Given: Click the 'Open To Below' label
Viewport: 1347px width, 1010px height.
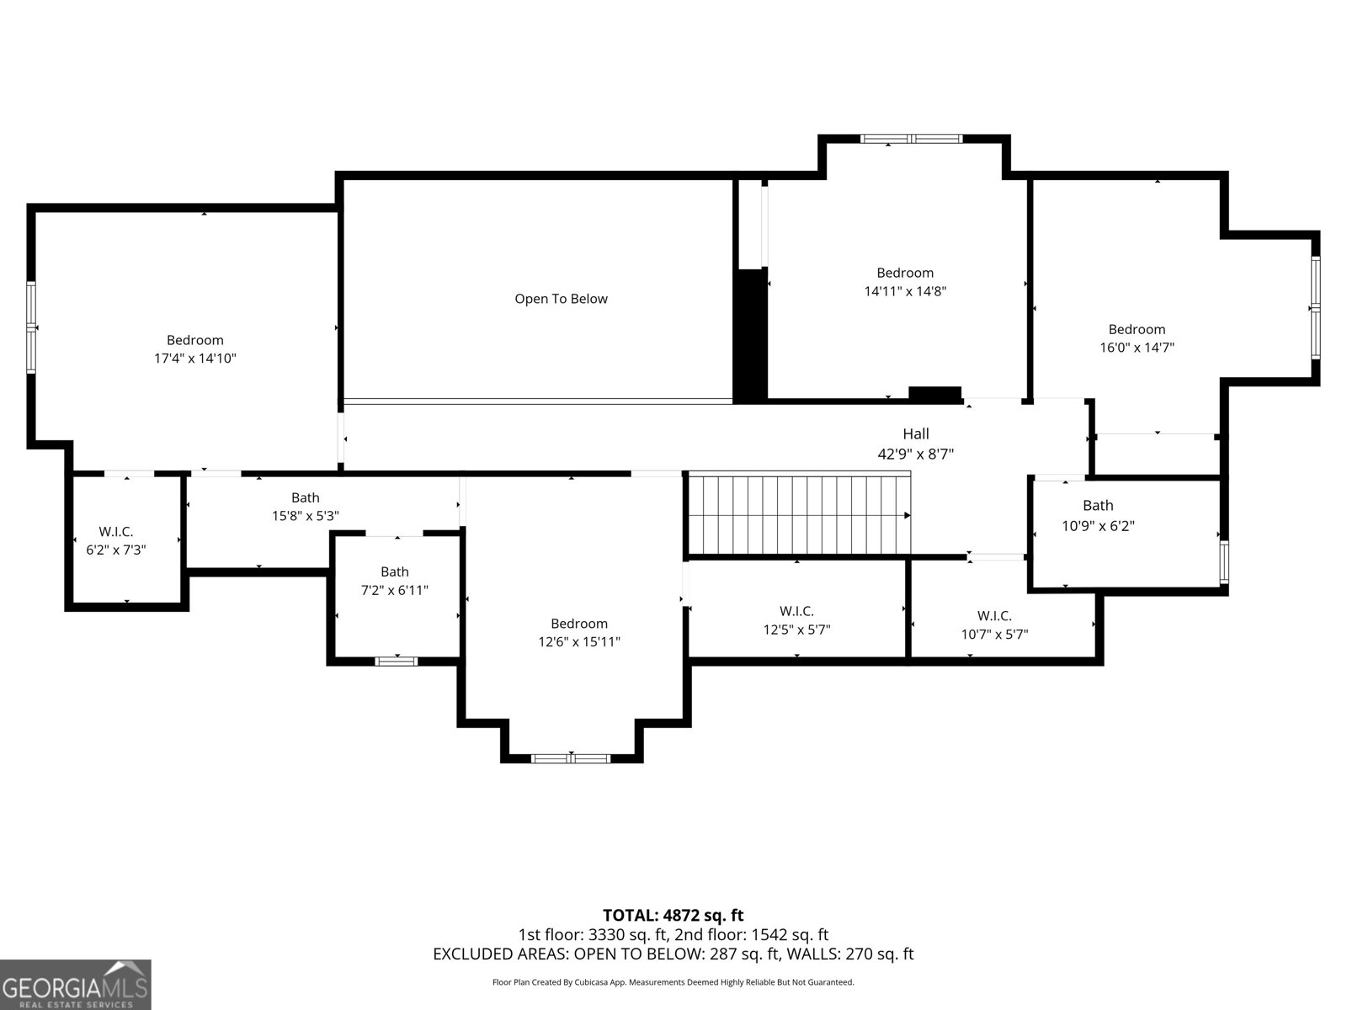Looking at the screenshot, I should coord(561,299).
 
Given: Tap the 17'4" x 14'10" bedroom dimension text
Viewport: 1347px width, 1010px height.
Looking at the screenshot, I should coord(194,359).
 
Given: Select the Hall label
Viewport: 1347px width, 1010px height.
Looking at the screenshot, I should coord(916,433).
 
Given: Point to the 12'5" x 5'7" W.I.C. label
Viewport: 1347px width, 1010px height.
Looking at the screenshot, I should coord(796,630).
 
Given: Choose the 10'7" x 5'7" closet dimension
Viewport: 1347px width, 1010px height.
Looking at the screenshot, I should coord(994,635).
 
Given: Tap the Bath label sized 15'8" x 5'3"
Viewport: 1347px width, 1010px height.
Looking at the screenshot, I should coord(305,497).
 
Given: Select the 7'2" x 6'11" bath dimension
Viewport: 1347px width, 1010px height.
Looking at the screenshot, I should coord(394,591).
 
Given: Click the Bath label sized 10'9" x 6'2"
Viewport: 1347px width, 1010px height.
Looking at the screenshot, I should coord(1098,505).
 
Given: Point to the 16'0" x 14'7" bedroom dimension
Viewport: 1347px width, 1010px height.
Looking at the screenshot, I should coord(1137,348).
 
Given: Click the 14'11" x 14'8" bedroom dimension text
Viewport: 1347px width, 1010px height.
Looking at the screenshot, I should coord(905,291).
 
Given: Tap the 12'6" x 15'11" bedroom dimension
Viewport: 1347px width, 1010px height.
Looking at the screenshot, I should coord(579,642).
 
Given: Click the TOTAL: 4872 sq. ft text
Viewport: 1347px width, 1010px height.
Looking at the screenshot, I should coord(673,915).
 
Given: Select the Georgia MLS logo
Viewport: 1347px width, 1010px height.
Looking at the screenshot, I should coord(76,985).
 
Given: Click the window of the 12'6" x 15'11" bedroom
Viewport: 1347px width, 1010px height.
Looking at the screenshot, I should coord(571,758).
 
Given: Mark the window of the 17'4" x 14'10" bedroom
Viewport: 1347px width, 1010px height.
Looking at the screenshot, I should coord(32,327).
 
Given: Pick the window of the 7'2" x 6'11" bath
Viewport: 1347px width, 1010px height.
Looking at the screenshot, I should coord(396,661).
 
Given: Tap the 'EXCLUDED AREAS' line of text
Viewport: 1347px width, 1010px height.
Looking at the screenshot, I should coord(673,954).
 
